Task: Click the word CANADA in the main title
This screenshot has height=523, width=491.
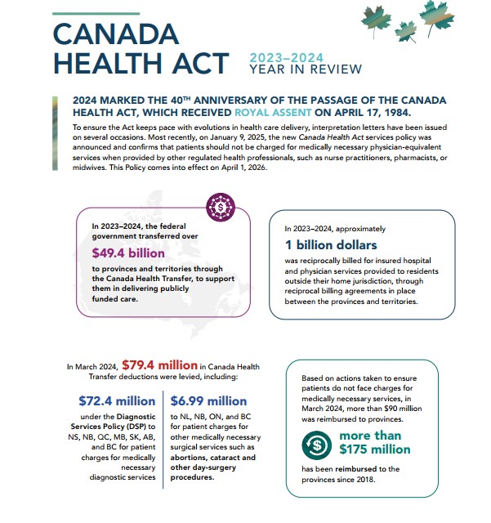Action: (116, 34)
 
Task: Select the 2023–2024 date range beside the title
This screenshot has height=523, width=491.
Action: (287, 57)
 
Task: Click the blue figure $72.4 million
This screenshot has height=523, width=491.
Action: (117, 401)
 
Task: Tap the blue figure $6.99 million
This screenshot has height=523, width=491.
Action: (209, 401)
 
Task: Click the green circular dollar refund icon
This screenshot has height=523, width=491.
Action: (315, 445)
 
